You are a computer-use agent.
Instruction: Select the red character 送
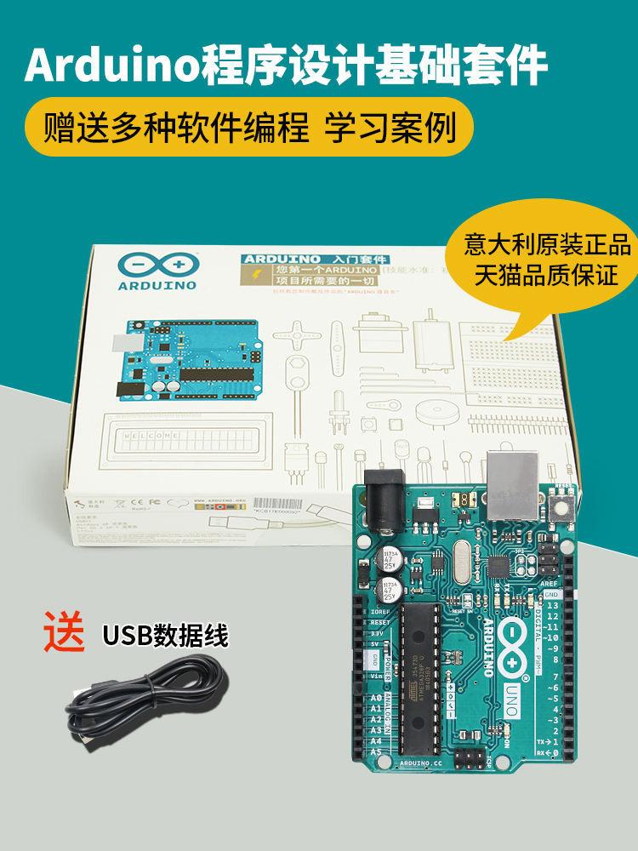click(x=65, y=631)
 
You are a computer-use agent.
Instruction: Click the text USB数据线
click(x=165, y=634)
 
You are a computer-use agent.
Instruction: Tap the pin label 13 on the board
click(x=552, y=606)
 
